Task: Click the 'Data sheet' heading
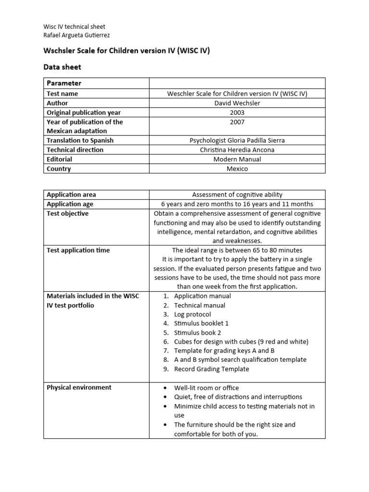(63, 67)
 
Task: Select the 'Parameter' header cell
(64, 83)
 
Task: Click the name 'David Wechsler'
(237, 103)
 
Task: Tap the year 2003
(237, 112)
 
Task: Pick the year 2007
(237, 122)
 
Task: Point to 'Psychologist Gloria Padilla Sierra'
(237, 140)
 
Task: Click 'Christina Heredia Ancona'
(237, 150)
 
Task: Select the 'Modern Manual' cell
(237, 159)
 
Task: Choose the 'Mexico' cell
(237, 169)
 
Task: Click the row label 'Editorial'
(60, 159)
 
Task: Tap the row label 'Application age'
(71, 204)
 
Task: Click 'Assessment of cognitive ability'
(237, 195)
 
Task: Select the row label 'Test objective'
(68, 213)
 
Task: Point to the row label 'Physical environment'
(79, 387)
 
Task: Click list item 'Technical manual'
(199, 305)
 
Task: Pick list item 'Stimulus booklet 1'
(201, 323)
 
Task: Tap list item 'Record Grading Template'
(211, 369)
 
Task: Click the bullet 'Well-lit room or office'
(206, 388)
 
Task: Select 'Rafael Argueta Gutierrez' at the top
(76, 35)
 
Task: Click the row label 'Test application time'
(78, 250)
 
